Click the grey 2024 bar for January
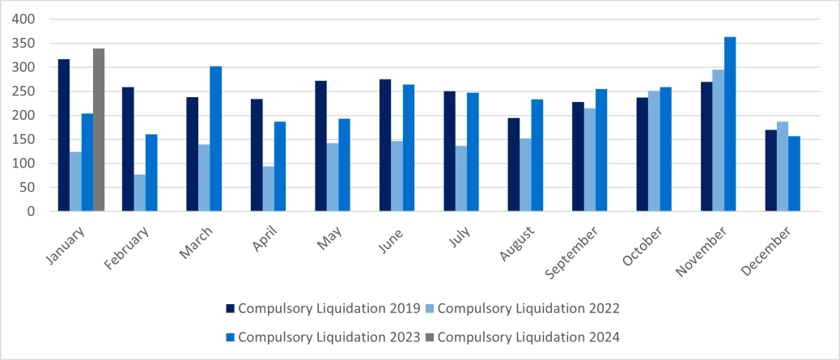click(99, 130)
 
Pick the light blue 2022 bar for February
click(139, 193)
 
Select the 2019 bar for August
click(514, 165)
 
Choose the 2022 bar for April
click(268, 189)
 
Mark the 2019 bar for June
click(385, 146)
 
